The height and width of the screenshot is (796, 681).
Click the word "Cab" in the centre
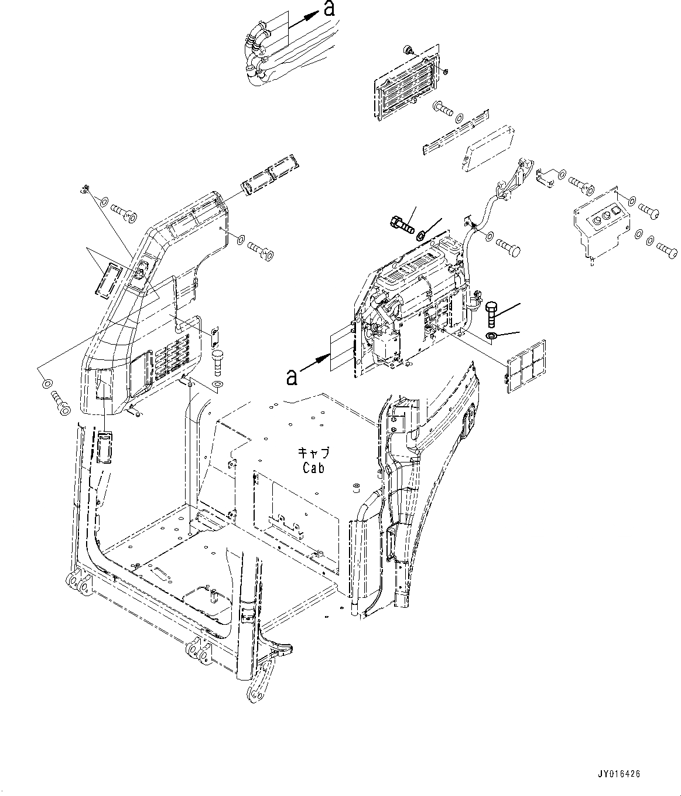(x=313, y=467)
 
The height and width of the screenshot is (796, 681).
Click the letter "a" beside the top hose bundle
(x=330, y=9)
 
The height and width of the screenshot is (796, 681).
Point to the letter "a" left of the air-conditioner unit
(x=291, y=377)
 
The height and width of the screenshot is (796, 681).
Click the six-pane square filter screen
(x=526, y=365)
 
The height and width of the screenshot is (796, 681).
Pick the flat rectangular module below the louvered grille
(x=489, y=149)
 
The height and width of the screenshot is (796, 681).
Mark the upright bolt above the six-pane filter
(x=491, y=315)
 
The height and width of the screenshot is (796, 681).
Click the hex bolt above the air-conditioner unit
(x=401, y=223)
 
